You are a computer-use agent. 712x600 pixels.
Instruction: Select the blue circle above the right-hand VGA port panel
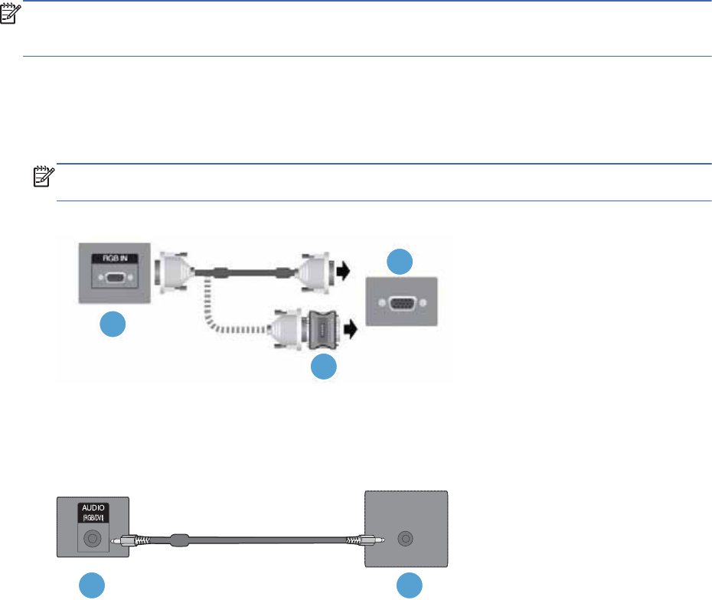(398, 261)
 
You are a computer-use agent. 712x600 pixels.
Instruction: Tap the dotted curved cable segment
(222, 321)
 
